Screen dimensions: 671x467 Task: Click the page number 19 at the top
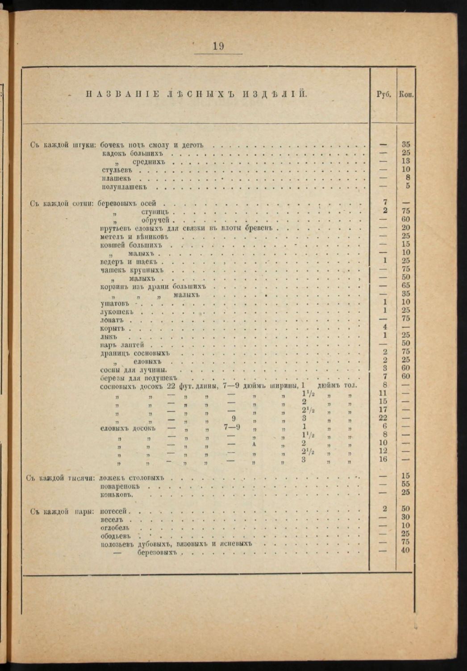(x=218, y=46)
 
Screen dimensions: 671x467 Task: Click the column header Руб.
(x=384, y=95)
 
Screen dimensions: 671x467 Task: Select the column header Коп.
(x=406, y=95)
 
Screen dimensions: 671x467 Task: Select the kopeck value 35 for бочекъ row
(x=406, y=144)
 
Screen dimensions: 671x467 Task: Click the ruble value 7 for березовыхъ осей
(x=385, y=203)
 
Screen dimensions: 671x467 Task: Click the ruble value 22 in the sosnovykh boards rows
(x=383, y=418)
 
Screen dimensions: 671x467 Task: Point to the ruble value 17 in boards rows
(x=383, y=409)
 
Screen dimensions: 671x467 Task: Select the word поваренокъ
(x=121, y=486)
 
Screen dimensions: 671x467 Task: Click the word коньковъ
(x=117, y=495)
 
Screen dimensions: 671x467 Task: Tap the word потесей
(x=114, y=511)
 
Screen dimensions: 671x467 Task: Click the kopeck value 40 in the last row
(x=405, y=550)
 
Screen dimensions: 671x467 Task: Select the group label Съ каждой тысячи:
(x=61, y=478)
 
